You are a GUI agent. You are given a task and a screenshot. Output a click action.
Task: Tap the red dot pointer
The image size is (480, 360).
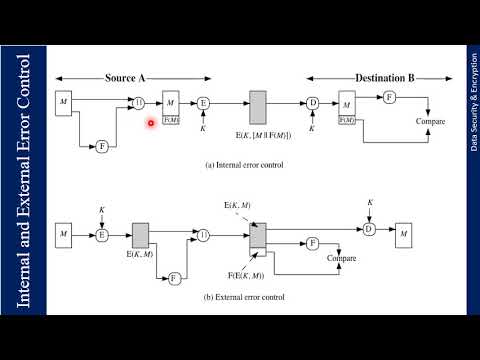click(150, 123)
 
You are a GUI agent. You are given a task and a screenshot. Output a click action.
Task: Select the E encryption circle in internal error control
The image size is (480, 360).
click(203, 102)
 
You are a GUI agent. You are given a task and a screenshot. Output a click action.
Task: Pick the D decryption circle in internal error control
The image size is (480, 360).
click(312, 102)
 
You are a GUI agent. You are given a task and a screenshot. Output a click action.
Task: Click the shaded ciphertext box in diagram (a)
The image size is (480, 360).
click(258, 106)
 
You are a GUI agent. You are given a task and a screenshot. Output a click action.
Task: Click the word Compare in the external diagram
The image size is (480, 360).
click(341, 259)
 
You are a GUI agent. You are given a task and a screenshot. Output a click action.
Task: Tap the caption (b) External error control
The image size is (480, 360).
click(245, 297)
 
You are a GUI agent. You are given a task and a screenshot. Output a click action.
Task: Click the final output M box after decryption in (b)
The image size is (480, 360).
click(404, 235)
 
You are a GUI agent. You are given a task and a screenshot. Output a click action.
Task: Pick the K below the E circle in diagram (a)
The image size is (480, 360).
click(203, 128)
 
